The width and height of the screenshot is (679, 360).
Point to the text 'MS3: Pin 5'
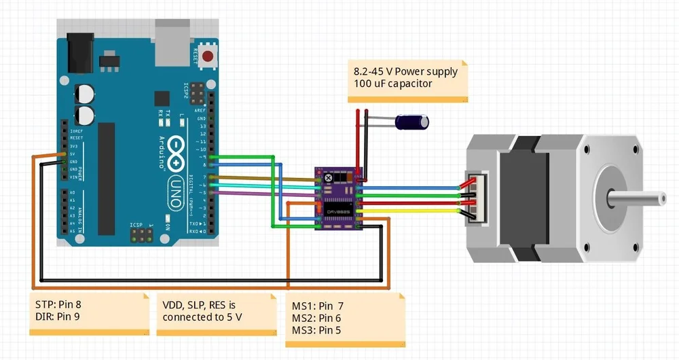tap(316, 330)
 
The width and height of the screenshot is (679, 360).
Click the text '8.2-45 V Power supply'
tap(405, 71)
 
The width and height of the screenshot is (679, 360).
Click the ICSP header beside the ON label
tap(141, 235)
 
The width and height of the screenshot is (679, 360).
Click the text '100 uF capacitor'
tap(392, 84)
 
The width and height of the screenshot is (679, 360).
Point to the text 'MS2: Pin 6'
tap(316, 318)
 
